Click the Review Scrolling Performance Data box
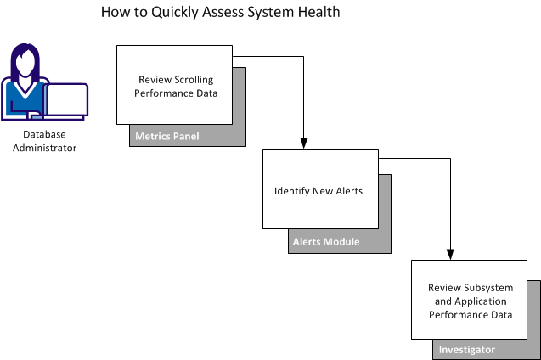point(175,85)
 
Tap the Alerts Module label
point(326,242)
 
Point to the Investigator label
point(468,350)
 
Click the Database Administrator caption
point(49,141)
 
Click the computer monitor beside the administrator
point(68,100)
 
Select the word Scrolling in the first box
point(197,79)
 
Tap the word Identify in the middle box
point(293,191)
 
